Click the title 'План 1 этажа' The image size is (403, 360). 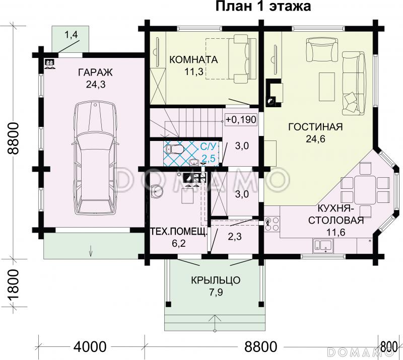point(263,7)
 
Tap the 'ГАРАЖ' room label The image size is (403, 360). point(95,73)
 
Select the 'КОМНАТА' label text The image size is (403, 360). point(193,60)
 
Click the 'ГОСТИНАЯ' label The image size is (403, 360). point(315,127)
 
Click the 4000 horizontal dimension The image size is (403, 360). point(91,347)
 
